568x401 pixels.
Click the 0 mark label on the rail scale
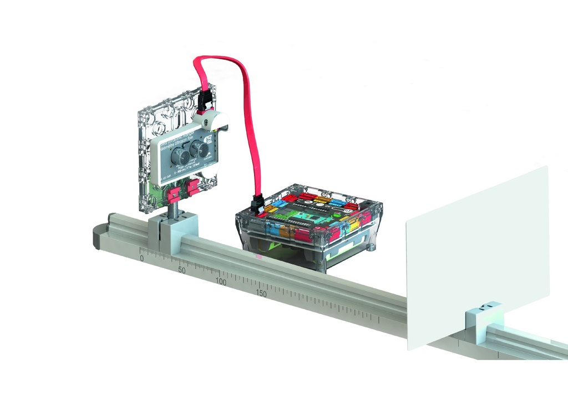141,258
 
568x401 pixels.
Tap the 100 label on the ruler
221,282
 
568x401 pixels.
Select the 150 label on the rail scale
261,294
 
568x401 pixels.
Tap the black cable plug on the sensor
204,102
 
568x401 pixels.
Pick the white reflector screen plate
477,255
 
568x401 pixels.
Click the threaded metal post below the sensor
173,209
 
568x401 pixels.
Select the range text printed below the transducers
189,168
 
